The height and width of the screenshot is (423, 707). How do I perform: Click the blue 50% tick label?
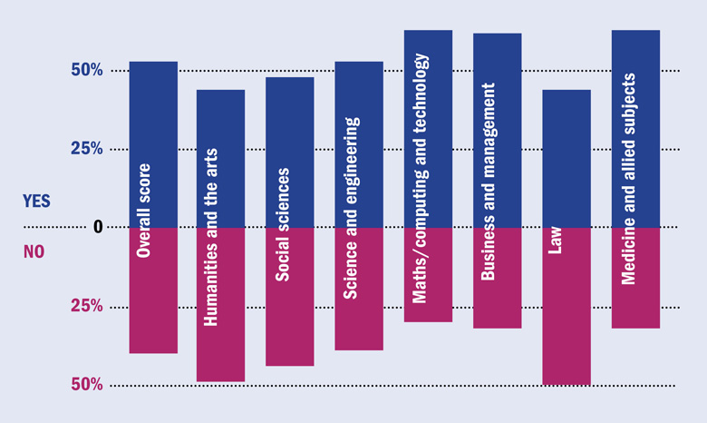coord(86,71)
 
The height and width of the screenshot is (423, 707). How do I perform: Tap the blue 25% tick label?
coord(86,149)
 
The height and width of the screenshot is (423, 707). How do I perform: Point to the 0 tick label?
coord(97,228)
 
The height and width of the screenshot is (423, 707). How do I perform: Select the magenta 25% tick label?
coord(86,307)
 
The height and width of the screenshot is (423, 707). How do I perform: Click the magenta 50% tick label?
coord(86,385)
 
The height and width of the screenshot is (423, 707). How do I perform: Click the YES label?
coord(37,200)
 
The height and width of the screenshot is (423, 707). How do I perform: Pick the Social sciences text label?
coord(283,224)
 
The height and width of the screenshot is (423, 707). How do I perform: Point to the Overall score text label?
coord(143,209)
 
